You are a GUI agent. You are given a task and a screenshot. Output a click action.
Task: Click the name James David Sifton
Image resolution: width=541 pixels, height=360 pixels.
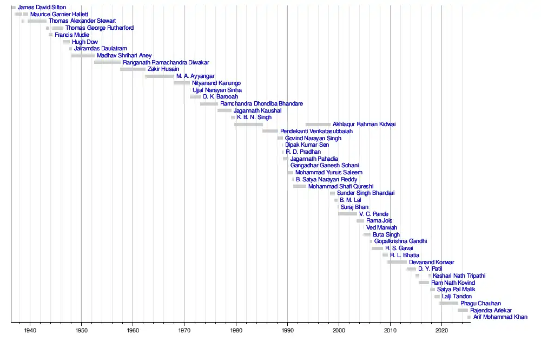click(x=42, y=7)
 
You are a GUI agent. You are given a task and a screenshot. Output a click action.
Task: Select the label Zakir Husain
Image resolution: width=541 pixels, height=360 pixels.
click(x=163, y=69)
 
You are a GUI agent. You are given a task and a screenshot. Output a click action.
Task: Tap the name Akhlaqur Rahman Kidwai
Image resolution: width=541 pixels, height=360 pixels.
click(x=364, y=125)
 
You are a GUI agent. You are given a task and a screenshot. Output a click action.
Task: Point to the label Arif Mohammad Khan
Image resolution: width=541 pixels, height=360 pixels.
click(x=500, y=317)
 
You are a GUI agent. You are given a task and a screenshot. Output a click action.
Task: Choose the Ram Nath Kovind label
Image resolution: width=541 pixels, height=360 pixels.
click(x=453, y=283)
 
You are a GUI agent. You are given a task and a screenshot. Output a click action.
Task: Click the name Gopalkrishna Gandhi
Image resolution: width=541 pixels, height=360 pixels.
click(x=400, y=241)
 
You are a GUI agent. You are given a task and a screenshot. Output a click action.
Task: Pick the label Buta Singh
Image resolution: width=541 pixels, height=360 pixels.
click(x=386, y=234)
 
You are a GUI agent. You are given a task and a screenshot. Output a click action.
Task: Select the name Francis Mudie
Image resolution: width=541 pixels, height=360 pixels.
click(x=72, y=35)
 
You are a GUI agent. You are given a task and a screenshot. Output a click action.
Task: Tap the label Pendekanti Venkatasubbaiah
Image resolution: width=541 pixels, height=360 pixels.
click(x=316, y=132)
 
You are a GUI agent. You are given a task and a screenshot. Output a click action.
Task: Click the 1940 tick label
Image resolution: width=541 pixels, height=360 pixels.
click(x=30, y=330)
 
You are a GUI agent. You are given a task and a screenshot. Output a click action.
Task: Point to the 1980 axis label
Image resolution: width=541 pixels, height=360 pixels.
click(x=236, y=330)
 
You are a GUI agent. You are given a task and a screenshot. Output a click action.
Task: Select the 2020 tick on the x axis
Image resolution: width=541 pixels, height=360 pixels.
click(x=442, y=330)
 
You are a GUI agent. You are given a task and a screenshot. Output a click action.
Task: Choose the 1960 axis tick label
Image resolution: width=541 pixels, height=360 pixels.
click(x=133, y=330)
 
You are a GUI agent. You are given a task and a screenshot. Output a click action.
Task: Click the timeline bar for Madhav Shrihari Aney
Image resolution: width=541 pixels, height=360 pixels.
click(x=83, y=55)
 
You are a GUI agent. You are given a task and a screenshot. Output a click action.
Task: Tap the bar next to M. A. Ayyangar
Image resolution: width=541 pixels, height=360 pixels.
click(x=160, y=76)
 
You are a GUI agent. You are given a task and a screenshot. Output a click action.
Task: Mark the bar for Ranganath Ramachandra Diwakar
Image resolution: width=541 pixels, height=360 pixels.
click(x=107, y=62)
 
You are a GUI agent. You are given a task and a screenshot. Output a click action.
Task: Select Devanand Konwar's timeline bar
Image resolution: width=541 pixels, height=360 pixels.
click(x=397, y=262)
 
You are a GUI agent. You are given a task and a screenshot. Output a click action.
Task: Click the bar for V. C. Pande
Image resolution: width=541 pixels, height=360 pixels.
click(x=347, y=214)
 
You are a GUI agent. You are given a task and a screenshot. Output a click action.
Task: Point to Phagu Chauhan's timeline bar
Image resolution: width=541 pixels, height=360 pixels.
click(x=448, y=303)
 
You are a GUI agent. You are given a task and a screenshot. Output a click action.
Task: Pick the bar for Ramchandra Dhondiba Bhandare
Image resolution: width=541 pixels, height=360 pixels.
click(x=209, y=103)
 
